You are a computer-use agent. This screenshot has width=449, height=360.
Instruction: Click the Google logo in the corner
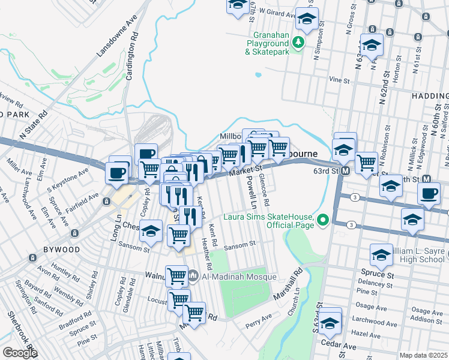tap(20, 352)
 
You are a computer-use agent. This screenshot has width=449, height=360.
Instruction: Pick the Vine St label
tap(339, 79)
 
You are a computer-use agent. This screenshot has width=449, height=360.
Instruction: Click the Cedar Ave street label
tap(339, 346)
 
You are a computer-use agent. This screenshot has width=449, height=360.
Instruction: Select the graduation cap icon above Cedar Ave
tap(330, 323)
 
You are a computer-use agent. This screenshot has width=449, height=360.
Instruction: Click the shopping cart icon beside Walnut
tap(176, 275)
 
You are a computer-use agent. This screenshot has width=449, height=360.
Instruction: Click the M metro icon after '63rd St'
tap(346, 171)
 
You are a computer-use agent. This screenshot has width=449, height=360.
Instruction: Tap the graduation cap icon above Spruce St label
tap(381, 256)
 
